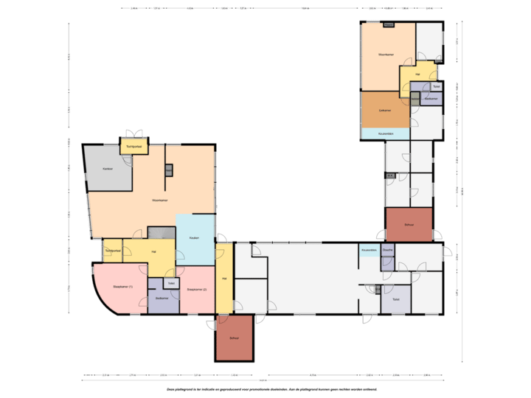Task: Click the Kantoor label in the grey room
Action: tap(108, 170)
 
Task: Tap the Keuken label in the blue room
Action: tap(195, 238)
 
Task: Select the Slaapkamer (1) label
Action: tap(122, 286)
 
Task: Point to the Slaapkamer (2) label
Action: tap(197, 289)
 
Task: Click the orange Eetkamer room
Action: tap(384, 110)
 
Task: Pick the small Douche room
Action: tap(388, 251)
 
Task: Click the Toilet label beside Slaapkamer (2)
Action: tap(171, 283)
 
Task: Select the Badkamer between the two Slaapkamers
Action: tap(162, 298)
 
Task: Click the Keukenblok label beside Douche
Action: tap(369, 251)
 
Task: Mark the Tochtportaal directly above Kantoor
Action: tap(134, 147)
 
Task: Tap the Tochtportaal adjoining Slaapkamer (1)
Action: tap(112, 251)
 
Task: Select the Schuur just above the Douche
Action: tap(409, 224)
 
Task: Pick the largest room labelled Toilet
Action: tap(396, 299)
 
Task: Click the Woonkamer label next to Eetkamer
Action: tap(384, 55)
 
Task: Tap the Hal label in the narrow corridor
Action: tap(224, 278)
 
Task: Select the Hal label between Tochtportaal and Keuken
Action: tap(153, 252)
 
